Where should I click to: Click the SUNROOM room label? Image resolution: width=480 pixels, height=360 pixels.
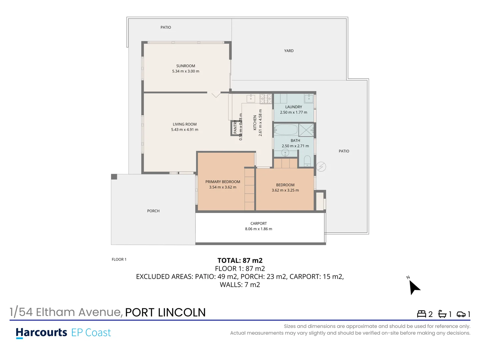[x=186, y=66]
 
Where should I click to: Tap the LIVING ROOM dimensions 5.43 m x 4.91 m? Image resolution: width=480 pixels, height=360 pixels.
[x=185, y=130]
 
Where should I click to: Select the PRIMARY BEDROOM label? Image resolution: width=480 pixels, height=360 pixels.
[x=223, y=182]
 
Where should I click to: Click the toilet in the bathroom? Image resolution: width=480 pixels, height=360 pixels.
[x=307, y=161]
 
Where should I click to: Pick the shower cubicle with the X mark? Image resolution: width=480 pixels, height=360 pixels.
[x=306, y=130]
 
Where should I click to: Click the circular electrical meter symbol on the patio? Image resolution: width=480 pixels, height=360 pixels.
[x=321, y=167]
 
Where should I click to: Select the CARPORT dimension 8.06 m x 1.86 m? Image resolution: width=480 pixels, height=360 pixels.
[x=259, y=229]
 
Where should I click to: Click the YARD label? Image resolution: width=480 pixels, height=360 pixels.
[x=289, y=51]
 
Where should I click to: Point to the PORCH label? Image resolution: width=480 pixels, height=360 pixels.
[x=153, y=211]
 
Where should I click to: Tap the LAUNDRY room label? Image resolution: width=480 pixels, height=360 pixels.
[x=293, y=107]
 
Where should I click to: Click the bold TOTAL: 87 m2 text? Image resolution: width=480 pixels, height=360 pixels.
[x=240, y=260]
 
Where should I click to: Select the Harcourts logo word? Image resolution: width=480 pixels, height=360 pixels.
[x=42, y=333]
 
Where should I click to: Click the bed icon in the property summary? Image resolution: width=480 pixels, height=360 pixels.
[x=421, y=314]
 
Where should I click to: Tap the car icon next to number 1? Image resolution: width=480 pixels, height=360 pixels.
[x=461, y=314]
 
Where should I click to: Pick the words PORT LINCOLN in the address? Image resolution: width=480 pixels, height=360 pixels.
[x=165, y=312]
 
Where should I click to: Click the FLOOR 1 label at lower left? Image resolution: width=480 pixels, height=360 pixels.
[x=119, y=259]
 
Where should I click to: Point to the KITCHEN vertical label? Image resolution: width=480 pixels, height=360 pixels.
[x=255, y=123]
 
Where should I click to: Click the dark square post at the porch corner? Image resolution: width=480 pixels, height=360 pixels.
[x=114, y=177]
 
